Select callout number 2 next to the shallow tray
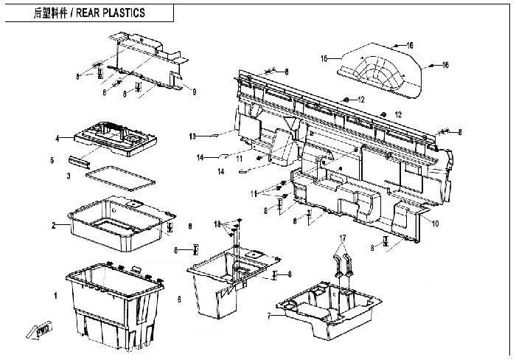(x=54, y=224)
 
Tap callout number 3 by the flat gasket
(x=68, y=176)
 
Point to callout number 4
(x=56, y=138)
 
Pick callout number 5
(x=51, y=159)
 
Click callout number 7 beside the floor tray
(x=269, y=316)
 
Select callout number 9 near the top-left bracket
(x=194, y=91)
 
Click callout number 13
(x=192, y=136)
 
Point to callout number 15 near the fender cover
(x=324, y=58)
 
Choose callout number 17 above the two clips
(x=341, y=238)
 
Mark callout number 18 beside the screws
(x=217, y=223)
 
